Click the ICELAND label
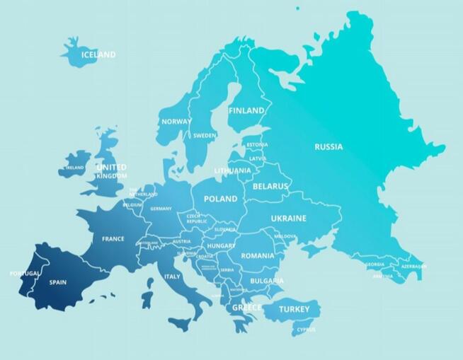click(98, 54)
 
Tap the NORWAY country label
click(176, 122)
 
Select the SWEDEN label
click(205, 135)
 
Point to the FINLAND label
click(246, 111)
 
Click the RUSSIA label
click(328, 147)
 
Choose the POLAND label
click(220, 199)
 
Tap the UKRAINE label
click(288, 219)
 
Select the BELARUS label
click(270, 187)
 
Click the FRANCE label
click(113, 239)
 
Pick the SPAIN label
click(57, 282)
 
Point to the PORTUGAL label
click(25, 274)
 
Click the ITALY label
click(172, 277)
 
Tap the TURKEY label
click(294, 310)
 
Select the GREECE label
click(247, 308)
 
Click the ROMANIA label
click(257, 255)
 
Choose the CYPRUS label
click(307, 329)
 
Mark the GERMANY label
click(161, 209)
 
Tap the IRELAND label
click(74, 168)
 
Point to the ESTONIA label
click(257, 145)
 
